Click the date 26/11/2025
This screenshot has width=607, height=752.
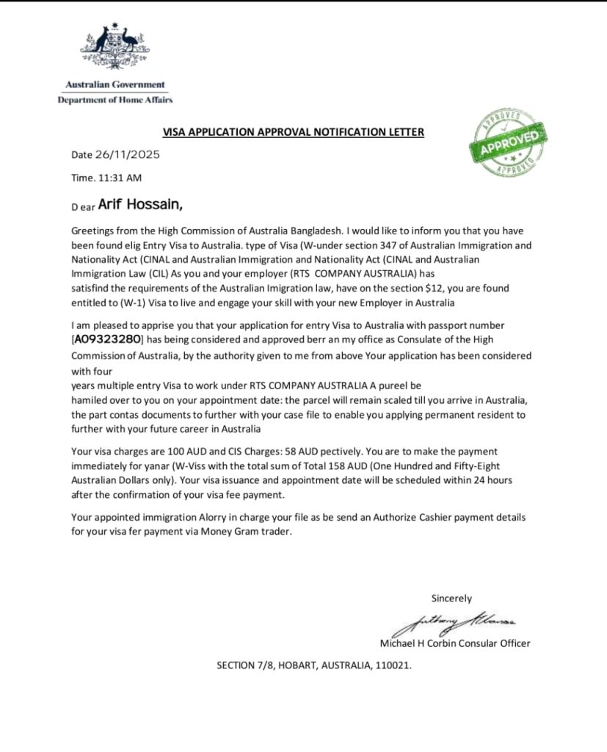pos(126,155)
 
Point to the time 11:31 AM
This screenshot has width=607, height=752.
pos(120,178)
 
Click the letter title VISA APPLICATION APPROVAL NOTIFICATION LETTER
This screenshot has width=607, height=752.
pos(293,132)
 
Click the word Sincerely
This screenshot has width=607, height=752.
pos(451,599)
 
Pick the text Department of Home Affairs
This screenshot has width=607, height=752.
pos(115,100)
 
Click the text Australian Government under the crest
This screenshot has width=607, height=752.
pos(115,84)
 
